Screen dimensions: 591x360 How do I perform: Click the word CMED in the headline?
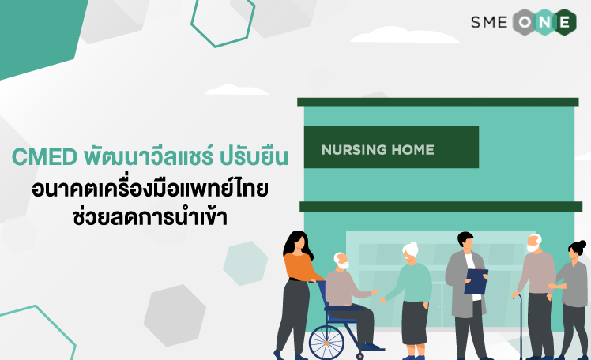point(44,157)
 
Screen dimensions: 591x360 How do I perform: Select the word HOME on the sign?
point(412,150)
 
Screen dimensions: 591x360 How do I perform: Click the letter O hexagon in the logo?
point(525,22)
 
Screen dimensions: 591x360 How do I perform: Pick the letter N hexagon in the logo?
point(545,22)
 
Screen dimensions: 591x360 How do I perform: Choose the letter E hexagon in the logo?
point(565,22)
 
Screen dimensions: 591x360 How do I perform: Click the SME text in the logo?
point(489,22)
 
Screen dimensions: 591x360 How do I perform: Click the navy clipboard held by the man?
point(476,281)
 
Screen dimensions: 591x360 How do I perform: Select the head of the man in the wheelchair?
point(341,261)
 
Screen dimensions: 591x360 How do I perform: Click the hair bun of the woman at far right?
point(582,243)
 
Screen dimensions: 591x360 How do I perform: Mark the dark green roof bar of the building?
point(438,102)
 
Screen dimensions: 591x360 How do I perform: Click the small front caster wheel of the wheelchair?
point(359,356)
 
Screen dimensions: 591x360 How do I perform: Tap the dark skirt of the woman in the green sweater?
point(415,323)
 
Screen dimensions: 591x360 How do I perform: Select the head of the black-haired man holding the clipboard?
point(465,241)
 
